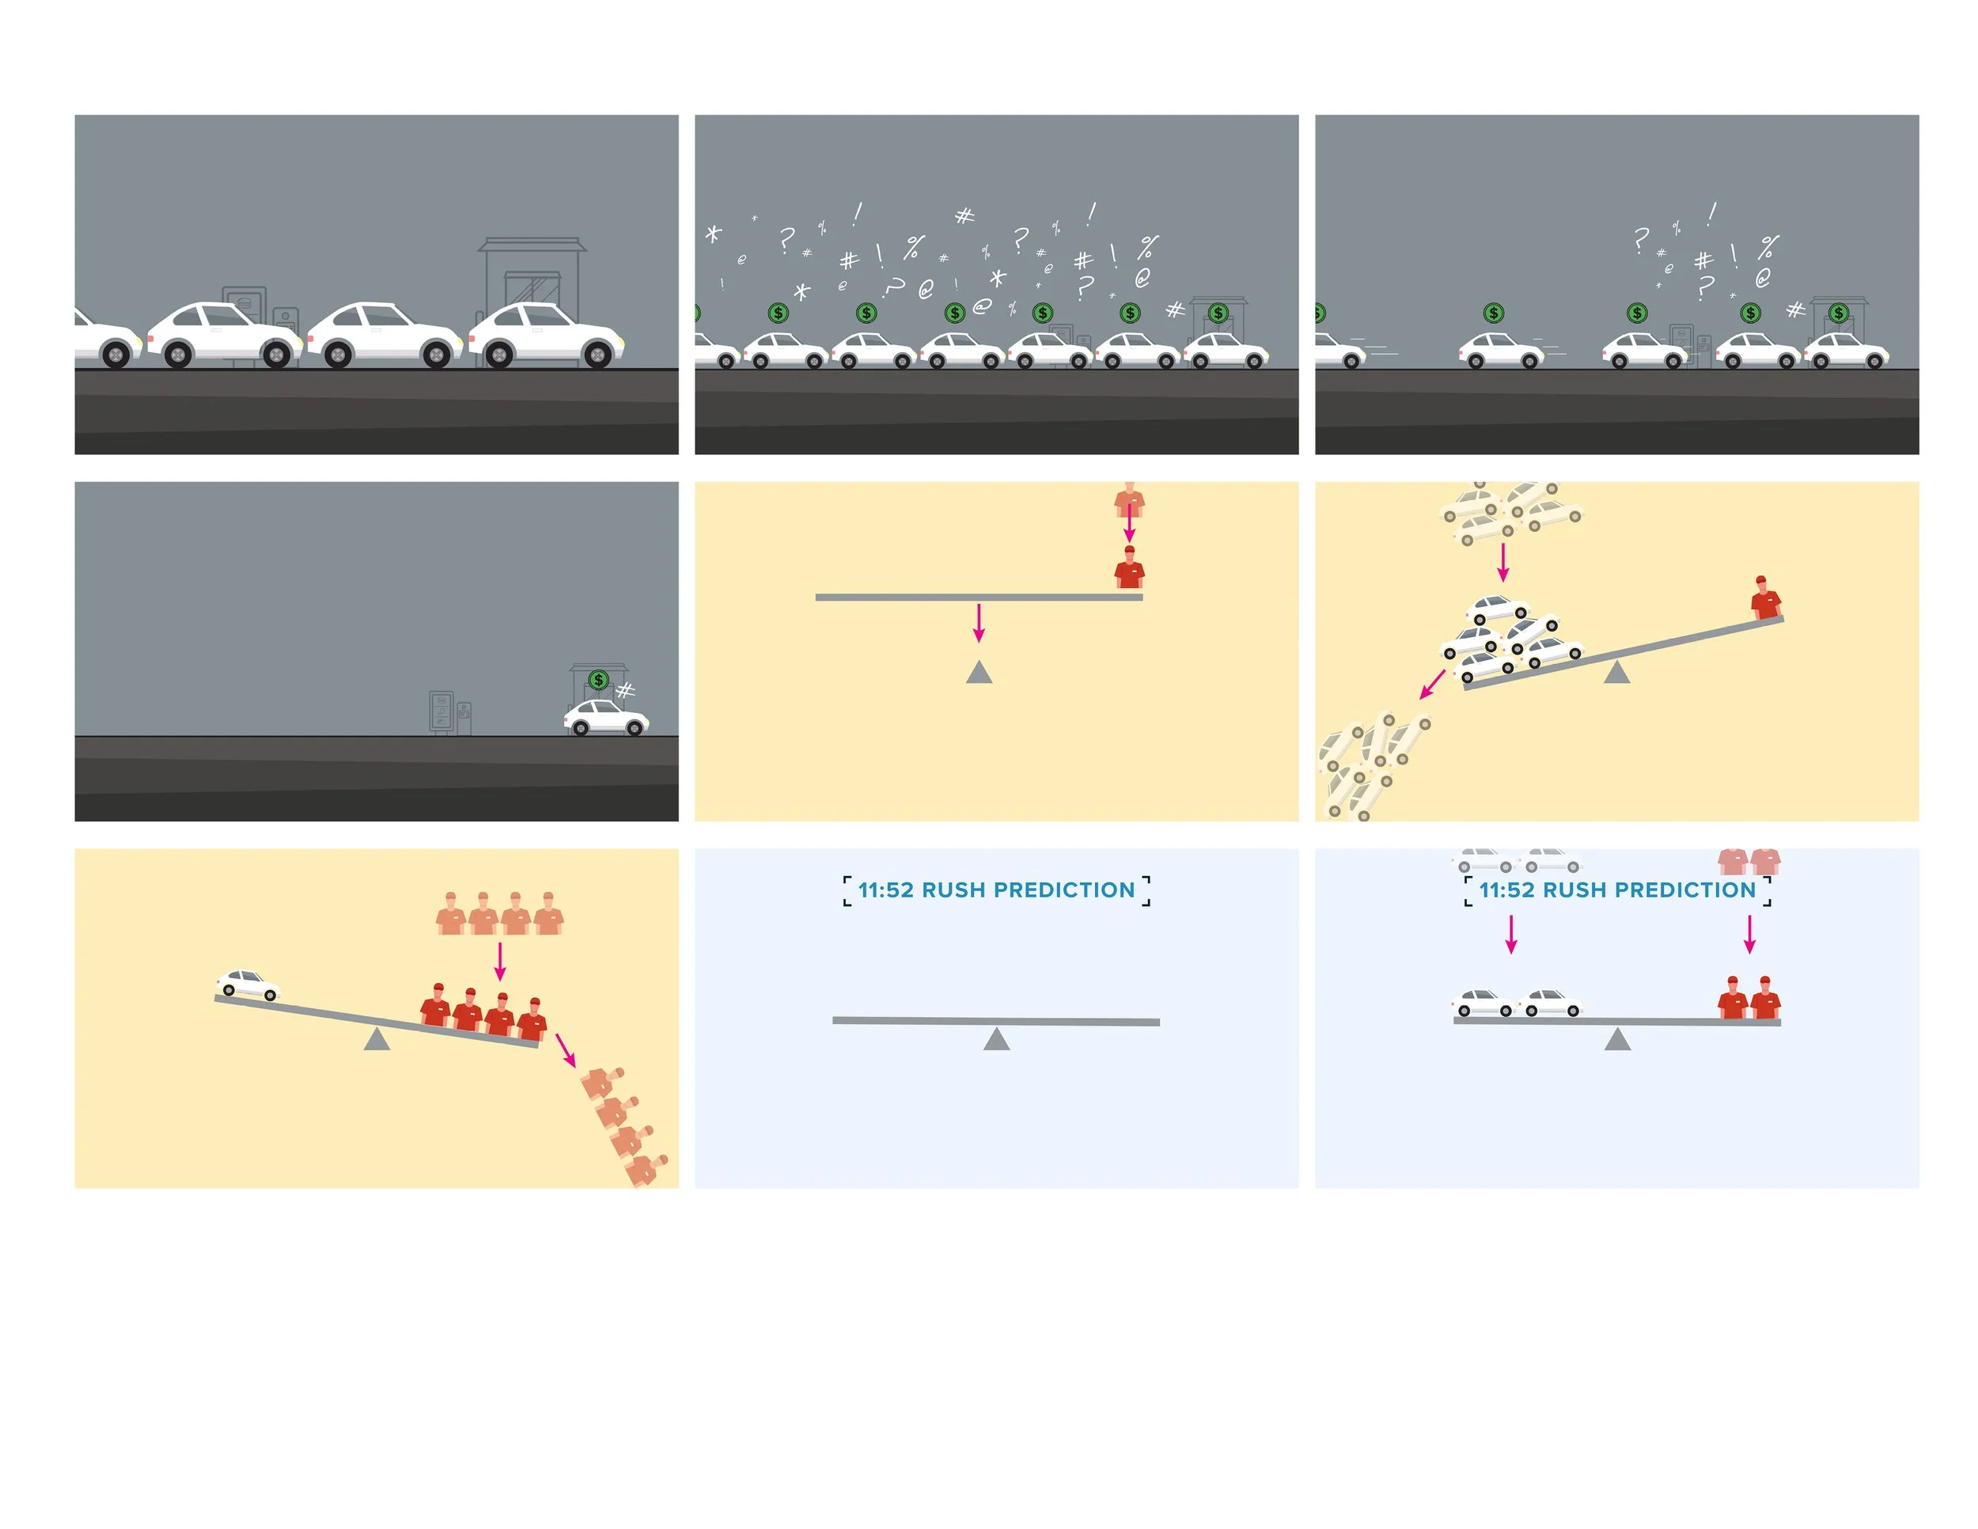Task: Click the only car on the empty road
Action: click(606, 716)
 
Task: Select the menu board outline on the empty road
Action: click(441, 712)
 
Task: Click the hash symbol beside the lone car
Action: click(626, 691)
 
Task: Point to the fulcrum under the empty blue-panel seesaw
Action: click(996, 1039)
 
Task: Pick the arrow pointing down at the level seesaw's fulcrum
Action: click(978, 622)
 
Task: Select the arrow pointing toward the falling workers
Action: click(565, 1050)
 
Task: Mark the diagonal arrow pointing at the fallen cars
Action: click(1432, 684)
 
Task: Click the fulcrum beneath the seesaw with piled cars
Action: click(1616, 672)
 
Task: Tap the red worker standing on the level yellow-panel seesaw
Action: click(1129, 568)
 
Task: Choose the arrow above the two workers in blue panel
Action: click(1750, 934)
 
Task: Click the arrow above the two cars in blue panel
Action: click(1510, 934)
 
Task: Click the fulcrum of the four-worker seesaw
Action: click(377, 1039)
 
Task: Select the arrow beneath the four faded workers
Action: click(500, 962)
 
